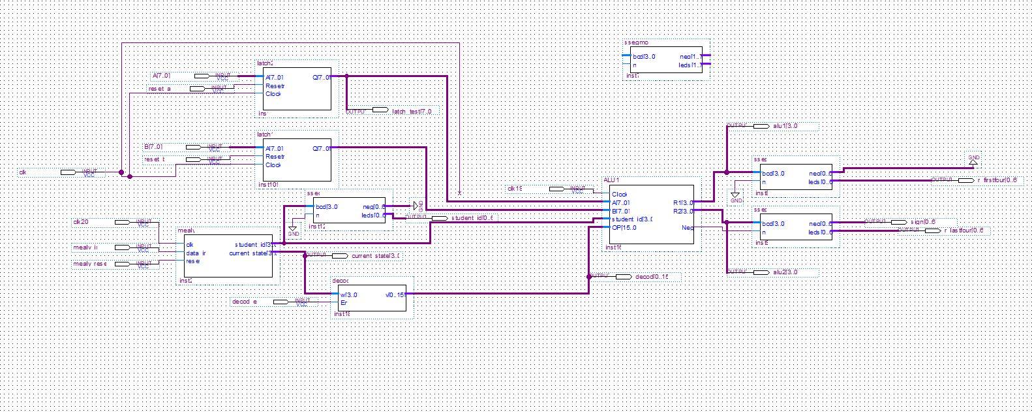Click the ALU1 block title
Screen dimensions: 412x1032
coord(611,180)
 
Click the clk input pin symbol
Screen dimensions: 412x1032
coord(68,172)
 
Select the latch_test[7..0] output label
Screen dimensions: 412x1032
coord(412,112)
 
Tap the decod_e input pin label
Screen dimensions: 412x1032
coord(245,302)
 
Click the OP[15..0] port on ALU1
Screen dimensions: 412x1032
coord(624,228)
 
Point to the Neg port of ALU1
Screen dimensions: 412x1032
coord(687,228)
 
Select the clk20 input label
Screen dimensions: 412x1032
coord(81,223)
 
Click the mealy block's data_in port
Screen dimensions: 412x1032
coord(196,253)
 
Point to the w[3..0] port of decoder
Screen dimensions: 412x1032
coord(348,294)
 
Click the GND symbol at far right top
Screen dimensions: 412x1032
coord(973,160)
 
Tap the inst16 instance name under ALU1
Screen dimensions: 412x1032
coord(613,248)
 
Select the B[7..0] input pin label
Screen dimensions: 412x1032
coord(153,147)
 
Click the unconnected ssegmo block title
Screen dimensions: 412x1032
coord(636,42)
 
